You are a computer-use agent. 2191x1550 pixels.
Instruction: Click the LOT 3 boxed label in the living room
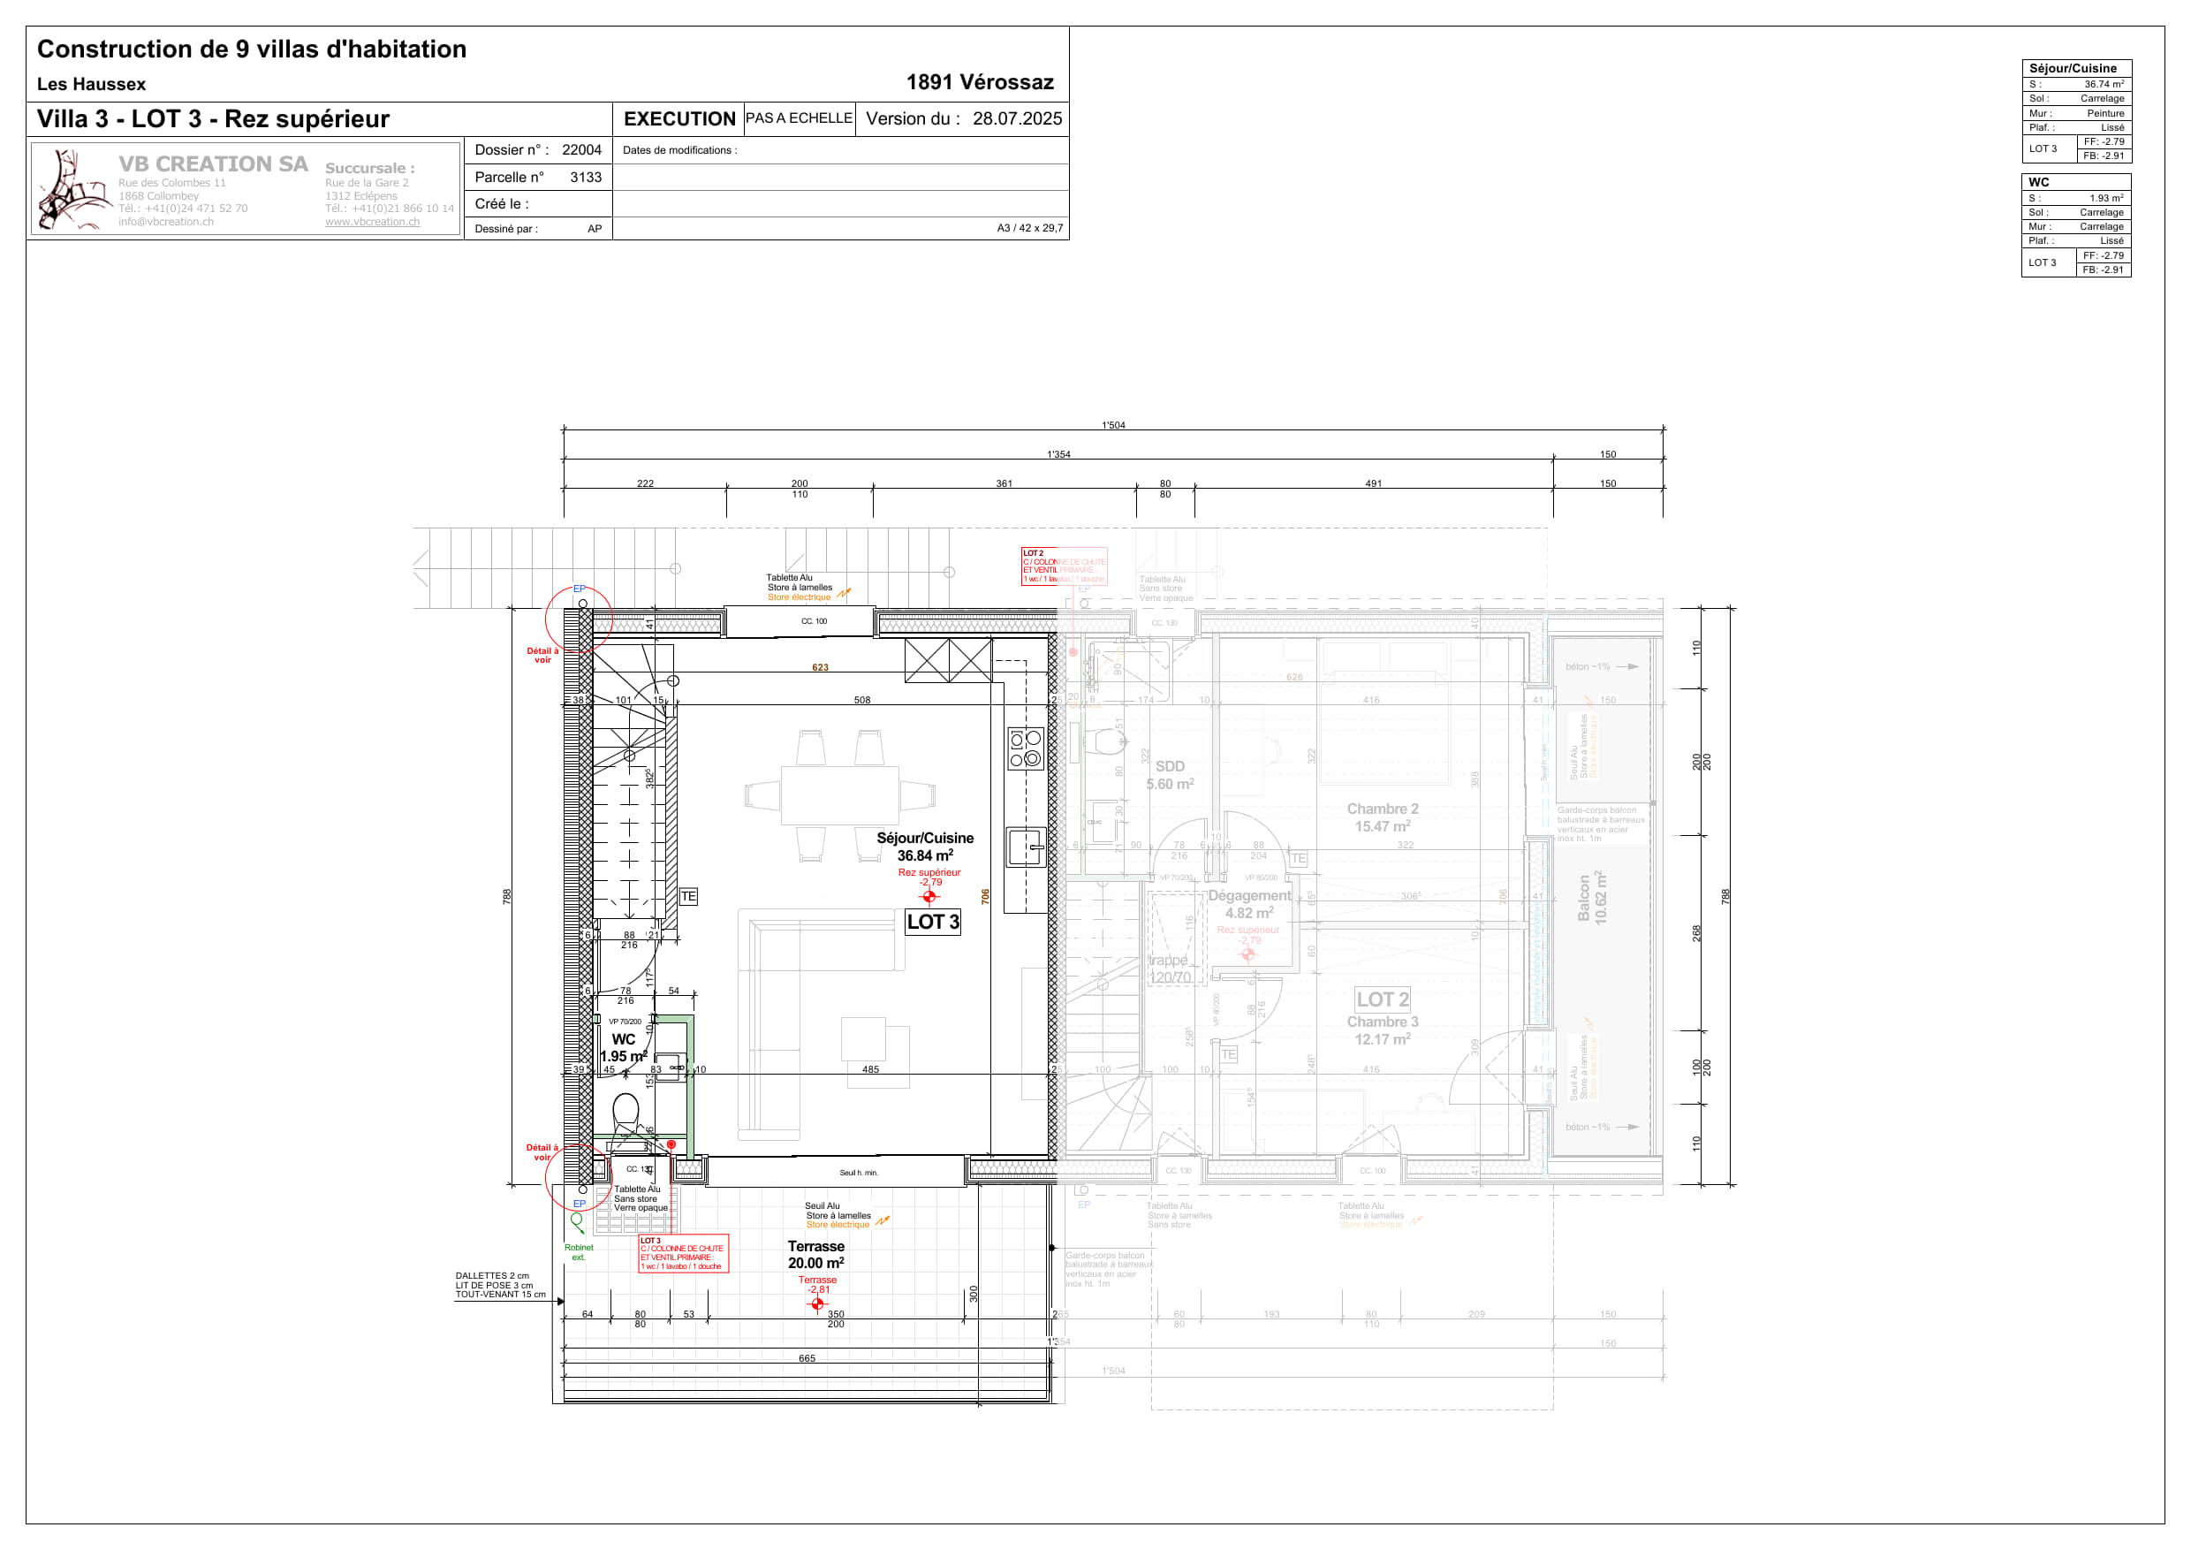click(932, 922)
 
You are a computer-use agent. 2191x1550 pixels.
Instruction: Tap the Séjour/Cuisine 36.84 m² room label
click(925, 847)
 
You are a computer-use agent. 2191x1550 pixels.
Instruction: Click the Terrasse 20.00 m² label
click(816, 1254)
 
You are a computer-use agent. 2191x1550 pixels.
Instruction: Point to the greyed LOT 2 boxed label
click(1382, 999)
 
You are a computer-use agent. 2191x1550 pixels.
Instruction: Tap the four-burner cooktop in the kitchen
click(1025, 748)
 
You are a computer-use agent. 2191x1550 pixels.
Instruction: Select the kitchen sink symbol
click(1025, 847)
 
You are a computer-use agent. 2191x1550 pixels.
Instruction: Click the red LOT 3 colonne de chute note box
click(682, 1253)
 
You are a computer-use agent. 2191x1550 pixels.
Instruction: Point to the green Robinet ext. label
click(579, 1252)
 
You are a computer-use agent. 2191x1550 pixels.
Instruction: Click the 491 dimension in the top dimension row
click(1372, 484)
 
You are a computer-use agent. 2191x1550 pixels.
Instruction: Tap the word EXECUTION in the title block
click(679, 119)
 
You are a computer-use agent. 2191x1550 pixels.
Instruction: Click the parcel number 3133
click(585, 178)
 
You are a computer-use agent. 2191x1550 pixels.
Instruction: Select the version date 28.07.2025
click(1016, 119)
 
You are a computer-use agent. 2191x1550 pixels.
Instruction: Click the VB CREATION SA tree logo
click(72, 189)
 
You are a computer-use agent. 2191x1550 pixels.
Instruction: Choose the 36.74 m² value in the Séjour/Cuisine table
click(2104, 84)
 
